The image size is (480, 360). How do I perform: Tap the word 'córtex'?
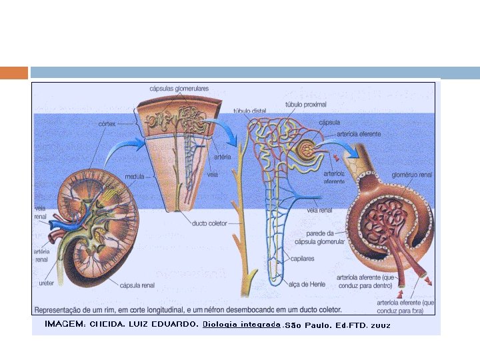tap(108, 123)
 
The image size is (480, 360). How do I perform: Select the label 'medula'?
tap(135, 177)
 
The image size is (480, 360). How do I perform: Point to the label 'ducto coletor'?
tap(209, 223)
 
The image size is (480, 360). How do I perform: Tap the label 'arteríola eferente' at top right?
tap(359, 134)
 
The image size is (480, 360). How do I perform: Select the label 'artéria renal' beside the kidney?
tap(41, 255)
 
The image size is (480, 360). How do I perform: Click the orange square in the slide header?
tap(14, 73)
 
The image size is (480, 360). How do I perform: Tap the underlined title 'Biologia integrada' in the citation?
tap(241, 324)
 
